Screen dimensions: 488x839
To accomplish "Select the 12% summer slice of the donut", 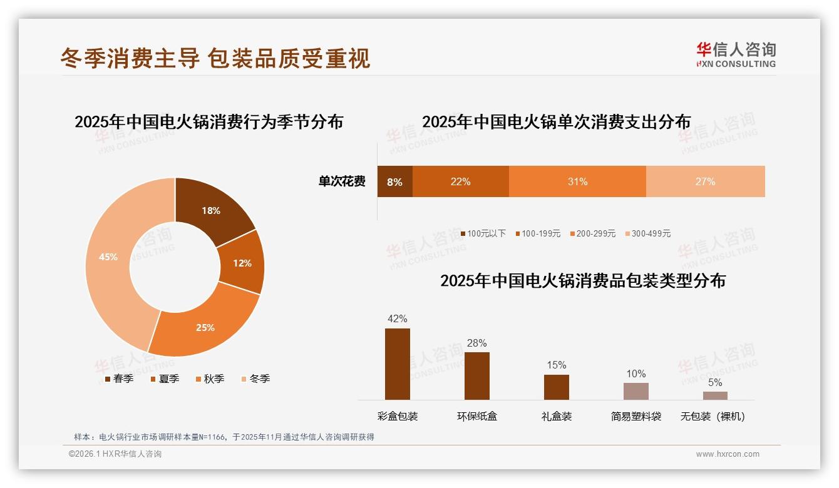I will tap(242, 263).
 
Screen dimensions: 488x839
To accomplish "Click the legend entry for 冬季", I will tap(255, 379).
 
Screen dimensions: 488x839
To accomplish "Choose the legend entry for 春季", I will tap(119, 379).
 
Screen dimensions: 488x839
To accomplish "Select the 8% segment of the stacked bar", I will tap(394, 181).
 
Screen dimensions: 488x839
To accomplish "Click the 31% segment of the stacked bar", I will tap(577, 181).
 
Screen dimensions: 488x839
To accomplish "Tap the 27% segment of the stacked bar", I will tap(705, 181).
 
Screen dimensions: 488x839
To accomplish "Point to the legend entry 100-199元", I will tap(538, 233).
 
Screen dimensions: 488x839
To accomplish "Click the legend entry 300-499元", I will tap(647, 233).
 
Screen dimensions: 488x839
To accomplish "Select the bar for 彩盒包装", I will tap(398, 364).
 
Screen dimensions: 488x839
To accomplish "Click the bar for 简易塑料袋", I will tap(636, 391).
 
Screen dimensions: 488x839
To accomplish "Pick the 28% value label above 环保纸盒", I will tap(476, 343).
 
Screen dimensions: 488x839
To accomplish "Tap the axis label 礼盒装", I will tap(556, 417).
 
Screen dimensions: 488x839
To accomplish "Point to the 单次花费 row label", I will tap(342, 181).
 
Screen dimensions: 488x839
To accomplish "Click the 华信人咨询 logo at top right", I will tap(736, 54).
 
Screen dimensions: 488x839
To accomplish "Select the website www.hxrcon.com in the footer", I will tap(727, 454).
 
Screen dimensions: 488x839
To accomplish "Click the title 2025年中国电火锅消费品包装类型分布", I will tap(582, 281).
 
